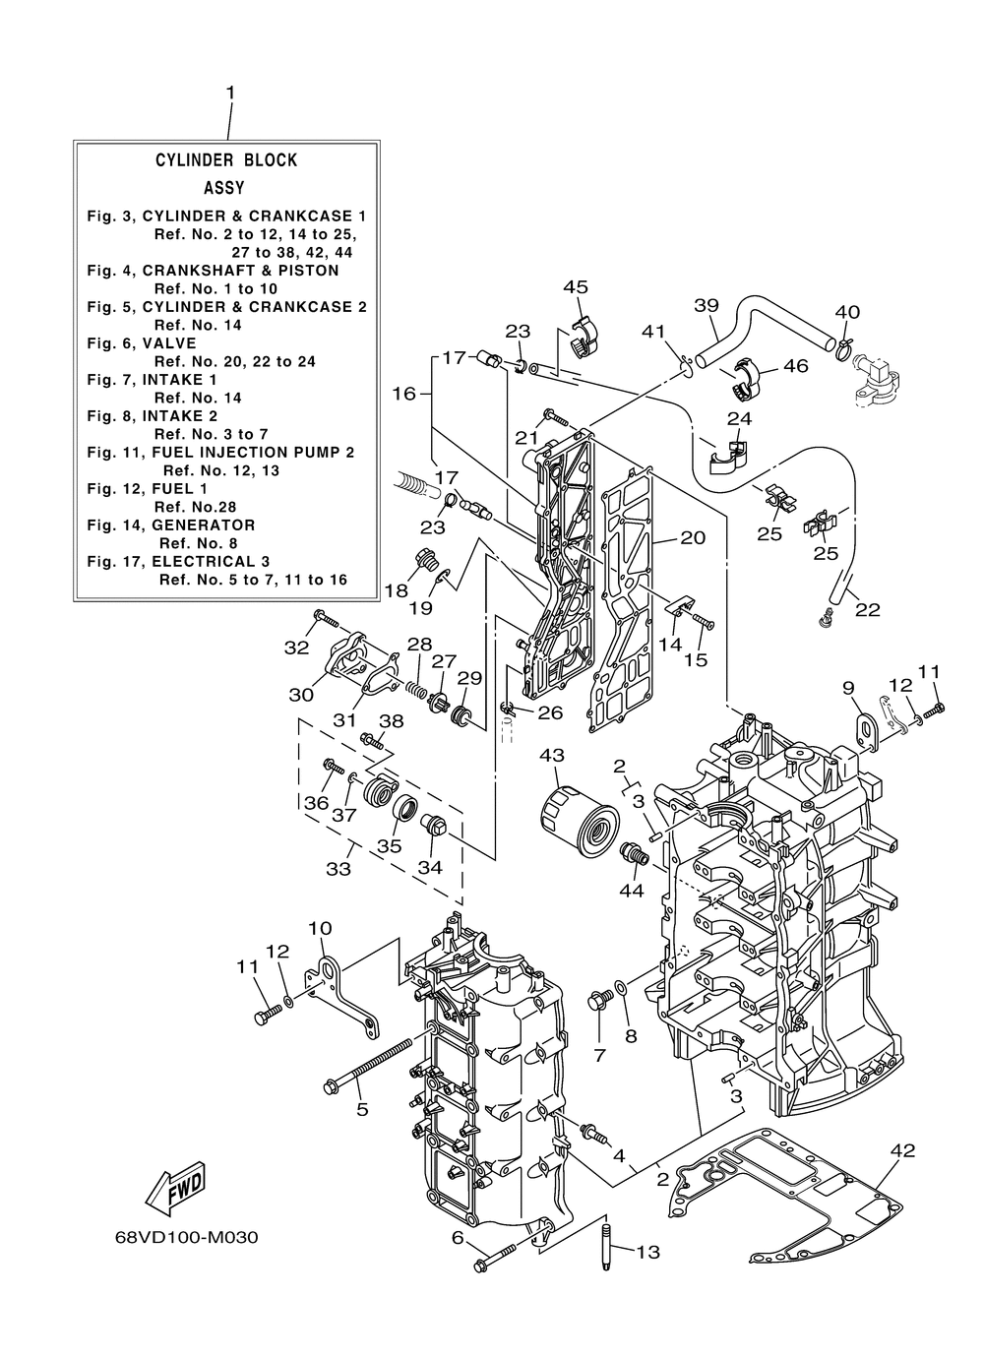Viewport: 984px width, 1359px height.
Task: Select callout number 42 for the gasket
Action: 902,1150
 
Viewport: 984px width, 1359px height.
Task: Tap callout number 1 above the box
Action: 230,93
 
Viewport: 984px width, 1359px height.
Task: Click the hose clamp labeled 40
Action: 845,347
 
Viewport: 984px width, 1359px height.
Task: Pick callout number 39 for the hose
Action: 707,305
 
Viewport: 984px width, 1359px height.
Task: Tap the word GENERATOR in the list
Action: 204,525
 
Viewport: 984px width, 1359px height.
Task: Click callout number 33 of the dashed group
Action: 338,869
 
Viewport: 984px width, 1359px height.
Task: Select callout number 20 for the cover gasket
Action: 693,537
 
